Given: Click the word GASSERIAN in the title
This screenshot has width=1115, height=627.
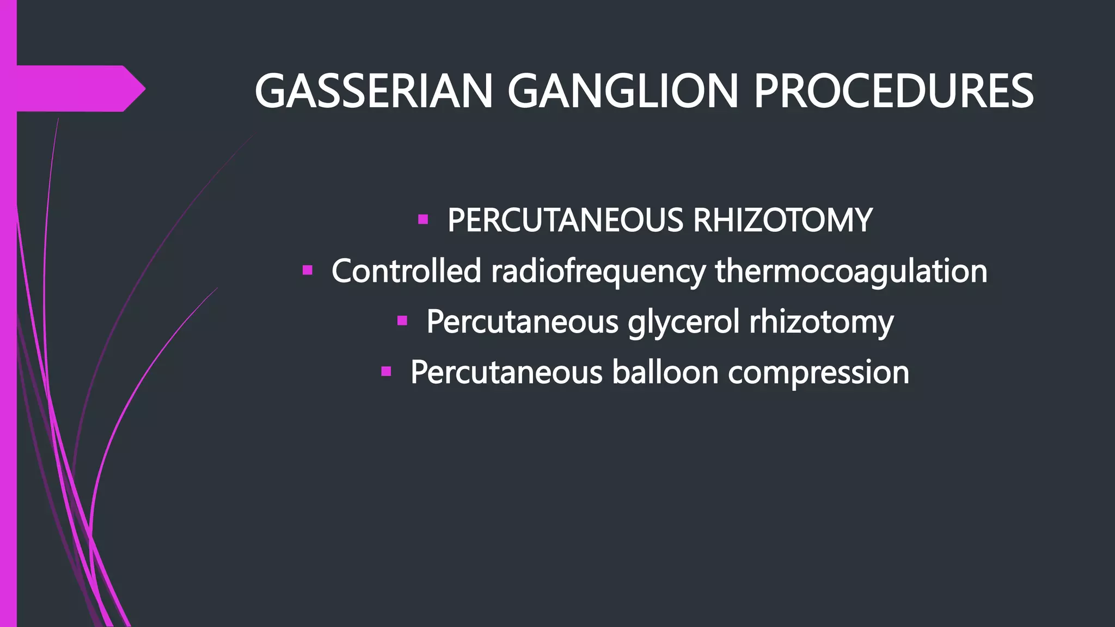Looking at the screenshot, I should point(373,91).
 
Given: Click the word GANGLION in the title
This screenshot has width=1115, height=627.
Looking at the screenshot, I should point(622,91).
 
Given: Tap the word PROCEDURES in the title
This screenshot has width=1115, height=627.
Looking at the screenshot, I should point(893,91).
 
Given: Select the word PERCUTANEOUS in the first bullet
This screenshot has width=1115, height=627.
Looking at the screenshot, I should point(565,220).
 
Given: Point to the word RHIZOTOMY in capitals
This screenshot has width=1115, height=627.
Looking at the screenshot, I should point(782,220).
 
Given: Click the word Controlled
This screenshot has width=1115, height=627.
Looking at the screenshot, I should point(406,271).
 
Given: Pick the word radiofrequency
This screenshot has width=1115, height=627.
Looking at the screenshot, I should point(598,272).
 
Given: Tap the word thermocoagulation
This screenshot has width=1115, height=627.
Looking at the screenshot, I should point(851,272).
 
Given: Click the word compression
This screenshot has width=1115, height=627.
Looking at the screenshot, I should point(818,373).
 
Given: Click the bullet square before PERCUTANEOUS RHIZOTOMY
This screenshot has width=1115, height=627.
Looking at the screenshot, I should point(423,220).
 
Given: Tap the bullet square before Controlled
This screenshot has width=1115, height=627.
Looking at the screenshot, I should point(307,270).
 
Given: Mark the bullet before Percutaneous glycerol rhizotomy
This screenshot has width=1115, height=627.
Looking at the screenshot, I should point(402,321).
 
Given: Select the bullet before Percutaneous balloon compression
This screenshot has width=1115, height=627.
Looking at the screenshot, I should point(386,372).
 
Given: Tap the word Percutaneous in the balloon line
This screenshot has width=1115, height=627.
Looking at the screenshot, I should point(506,372).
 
